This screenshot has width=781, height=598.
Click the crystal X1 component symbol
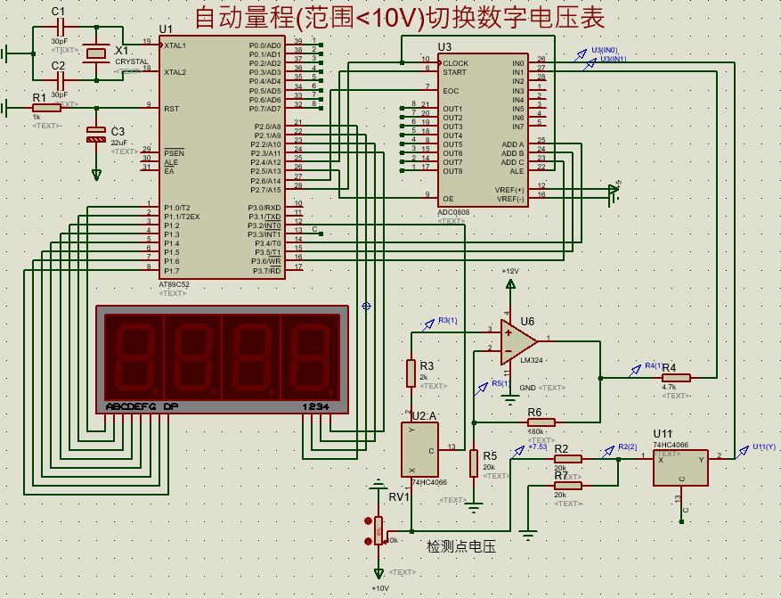(97, 53)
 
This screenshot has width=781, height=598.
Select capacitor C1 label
(58, 11)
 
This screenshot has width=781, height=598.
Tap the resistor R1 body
(45, 108)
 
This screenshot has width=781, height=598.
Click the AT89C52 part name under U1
(175, 284)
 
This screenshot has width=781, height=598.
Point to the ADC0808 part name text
(453, 212)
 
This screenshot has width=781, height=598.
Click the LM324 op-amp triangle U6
(517, 341)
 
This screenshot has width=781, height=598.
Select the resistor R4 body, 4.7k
(676, 378)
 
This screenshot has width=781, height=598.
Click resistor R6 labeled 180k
(541, 422)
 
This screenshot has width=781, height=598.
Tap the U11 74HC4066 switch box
(680, 467)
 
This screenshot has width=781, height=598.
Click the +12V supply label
(509, 271)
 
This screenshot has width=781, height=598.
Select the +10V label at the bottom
(380, 588)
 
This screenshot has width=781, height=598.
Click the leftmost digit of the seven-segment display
(134, 358)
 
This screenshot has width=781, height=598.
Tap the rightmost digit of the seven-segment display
(310, 358)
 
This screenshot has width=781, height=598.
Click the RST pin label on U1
(172, 108)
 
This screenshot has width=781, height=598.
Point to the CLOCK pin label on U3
(455, 63)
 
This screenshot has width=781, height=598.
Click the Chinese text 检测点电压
(460, 546)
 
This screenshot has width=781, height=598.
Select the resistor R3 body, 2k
(411, 372)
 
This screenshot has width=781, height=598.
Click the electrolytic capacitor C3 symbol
(96, 136)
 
